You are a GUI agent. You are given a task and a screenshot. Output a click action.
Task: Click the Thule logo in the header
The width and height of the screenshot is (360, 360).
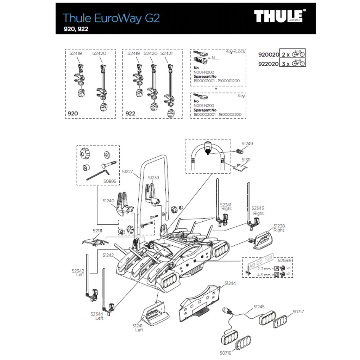280,17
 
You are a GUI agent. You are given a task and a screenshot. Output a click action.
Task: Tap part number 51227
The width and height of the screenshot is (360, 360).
128,172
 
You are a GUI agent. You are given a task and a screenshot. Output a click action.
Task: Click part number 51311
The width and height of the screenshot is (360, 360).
245,160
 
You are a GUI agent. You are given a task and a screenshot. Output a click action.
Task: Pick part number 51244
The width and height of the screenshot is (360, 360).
230,283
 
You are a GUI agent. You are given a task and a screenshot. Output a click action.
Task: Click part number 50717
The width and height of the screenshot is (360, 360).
298,312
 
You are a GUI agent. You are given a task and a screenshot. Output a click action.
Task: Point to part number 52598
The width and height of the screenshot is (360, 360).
285,261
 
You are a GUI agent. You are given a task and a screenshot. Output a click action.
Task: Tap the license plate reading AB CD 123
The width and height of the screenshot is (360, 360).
261,263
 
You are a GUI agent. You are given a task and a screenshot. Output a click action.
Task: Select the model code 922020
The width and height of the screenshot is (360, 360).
268,63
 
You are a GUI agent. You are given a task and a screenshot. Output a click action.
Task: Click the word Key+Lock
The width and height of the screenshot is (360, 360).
235,51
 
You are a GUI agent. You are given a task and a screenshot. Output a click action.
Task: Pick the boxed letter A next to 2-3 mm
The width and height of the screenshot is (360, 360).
277,269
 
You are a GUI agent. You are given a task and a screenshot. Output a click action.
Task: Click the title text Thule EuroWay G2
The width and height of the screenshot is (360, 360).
111,18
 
